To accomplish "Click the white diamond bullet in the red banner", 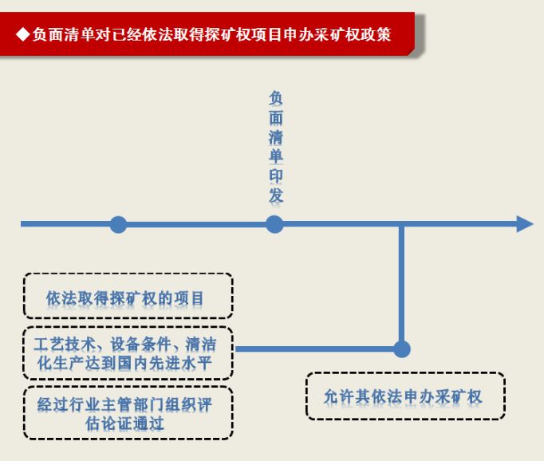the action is pos(22,34).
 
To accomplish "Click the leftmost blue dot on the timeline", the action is pos(118,224).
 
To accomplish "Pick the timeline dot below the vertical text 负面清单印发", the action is pos(274,224).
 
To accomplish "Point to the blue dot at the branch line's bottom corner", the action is pos(402,349).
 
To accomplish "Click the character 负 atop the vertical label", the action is pos(275,98).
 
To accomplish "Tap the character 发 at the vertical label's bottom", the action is pos(275,195).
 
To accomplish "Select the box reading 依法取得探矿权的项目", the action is pos(128,297).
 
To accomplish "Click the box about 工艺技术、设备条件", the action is pos(128,353).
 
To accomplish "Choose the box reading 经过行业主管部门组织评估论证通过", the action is pos(128,412).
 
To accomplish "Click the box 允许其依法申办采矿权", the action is pos(405,396).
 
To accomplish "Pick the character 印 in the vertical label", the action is pos(275,175).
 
